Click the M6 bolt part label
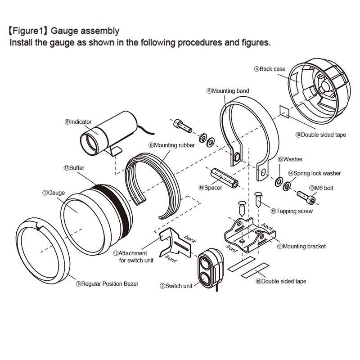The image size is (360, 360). (x=321, y=188)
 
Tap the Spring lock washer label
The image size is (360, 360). (x=315, y=173)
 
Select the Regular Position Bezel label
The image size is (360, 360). (x=107, y=284)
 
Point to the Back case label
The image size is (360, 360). (x=270, y=69)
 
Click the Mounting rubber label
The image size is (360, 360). (x=171, y=145)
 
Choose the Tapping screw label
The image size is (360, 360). (x=292, y=211)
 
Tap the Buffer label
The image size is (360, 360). (x=74, y=168)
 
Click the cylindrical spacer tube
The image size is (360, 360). (x=224, y=178)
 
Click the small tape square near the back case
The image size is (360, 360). (x=284, y=112)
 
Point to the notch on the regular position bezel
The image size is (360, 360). (x=39, y=228)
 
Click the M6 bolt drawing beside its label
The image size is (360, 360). (x=306, y=197)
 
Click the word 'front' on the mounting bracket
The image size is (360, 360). (x=231, y=248)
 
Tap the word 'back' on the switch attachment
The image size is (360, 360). (x=190, y=239)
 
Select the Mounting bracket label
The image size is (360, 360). (x=301, y=247)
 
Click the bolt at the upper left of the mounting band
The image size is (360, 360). (x=183, y=126)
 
